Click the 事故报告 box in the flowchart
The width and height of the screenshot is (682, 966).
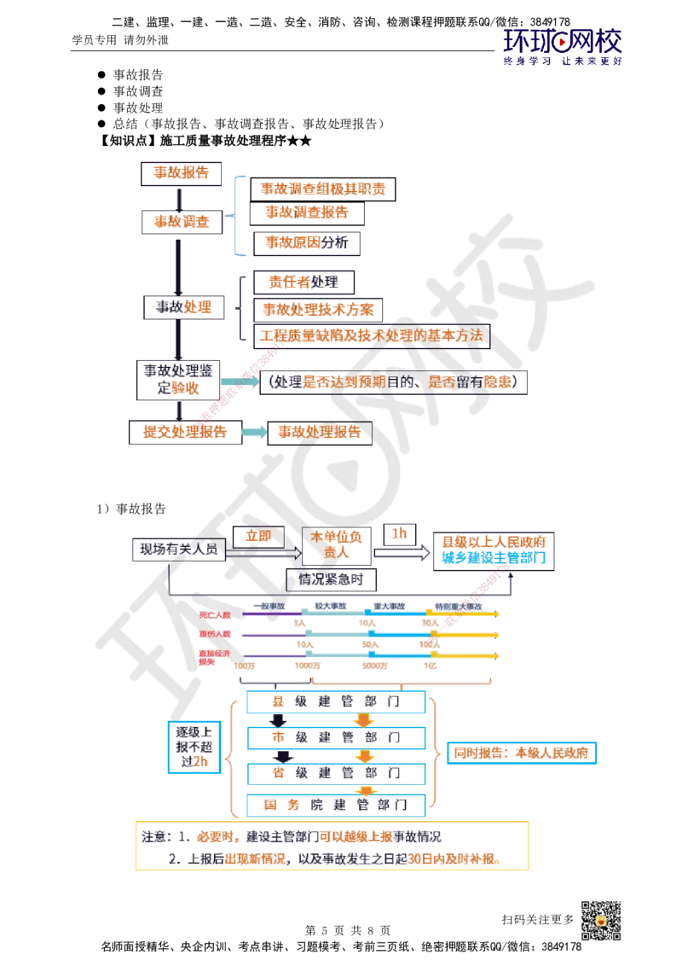tap(180, 172)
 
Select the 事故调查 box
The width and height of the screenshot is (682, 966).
tap(180, 221)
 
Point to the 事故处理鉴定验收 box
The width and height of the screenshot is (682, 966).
tap(180, 380)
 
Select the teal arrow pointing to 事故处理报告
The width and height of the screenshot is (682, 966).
tap(253, 433)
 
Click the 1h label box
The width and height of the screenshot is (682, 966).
tap(399, 533)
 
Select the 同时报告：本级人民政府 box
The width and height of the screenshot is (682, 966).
tap(520, 754)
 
